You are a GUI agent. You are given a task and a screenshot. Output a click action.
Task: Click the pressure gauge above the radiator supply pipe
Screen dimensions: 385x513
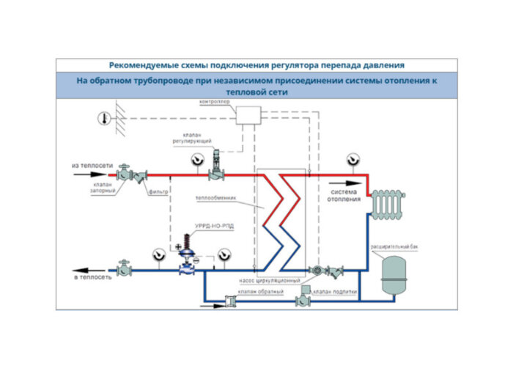353,158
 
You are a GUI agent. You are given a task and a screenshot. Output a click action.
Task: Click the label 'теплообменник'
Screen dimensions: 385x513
214,199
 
